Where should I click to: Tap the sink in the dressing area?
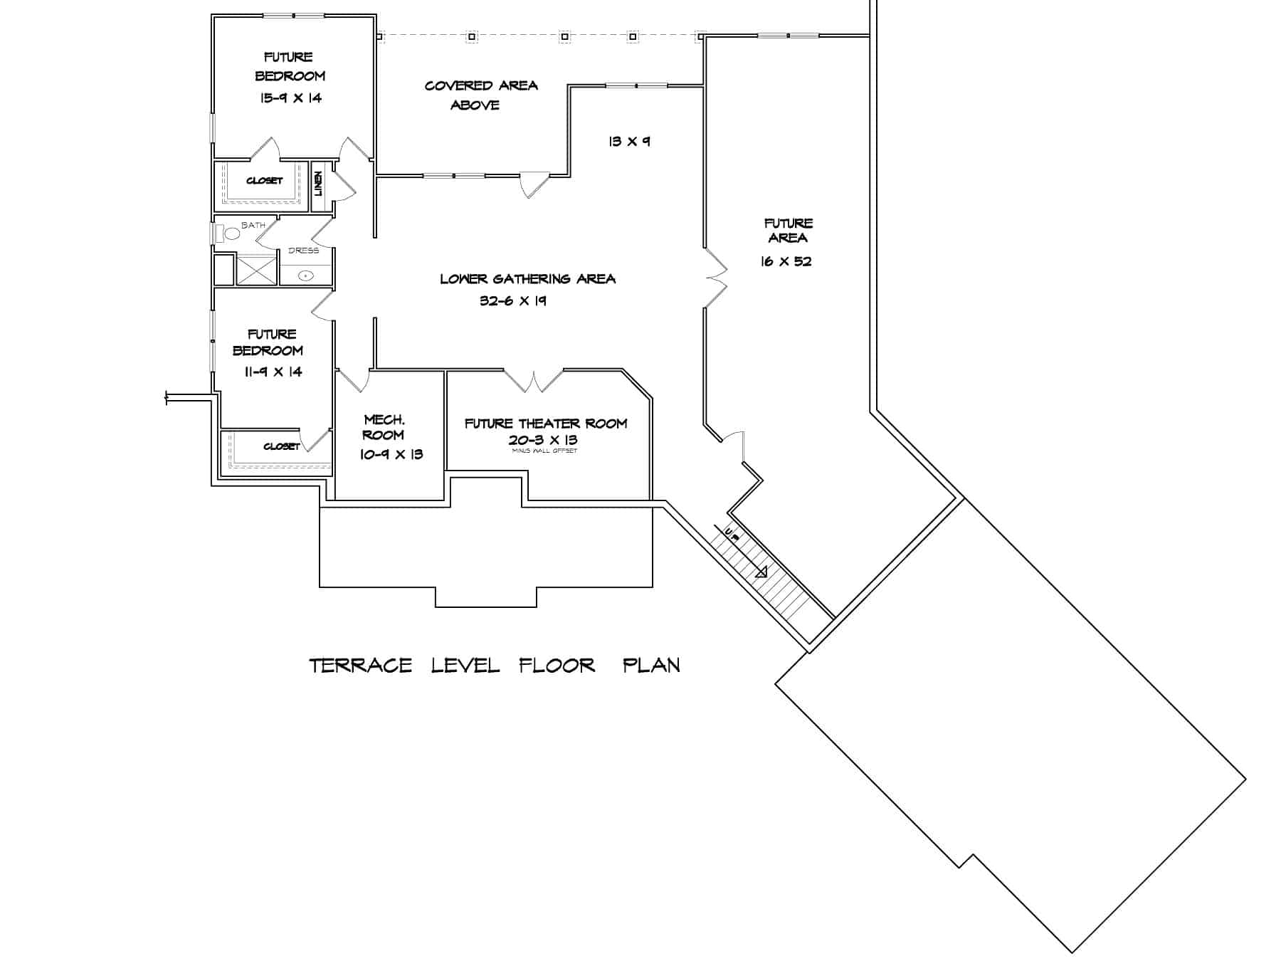pos(306,275)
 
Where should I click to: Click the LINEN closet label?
pos(319,184)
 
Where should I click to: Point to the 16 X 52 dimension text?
pos(786,261)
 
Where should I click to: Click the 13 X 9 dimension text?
pos(629,142)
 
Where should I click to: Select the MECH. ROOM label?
pos(384,427)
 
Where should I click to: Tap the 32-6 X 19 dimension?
pos(513,301)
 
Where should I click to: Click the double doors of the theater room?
pos(534,382)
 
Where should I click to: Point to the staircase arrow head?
pos(762,572)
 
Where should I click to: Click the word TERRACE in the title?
pos(361,666)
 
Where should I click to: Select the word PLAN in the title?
pos(651,666)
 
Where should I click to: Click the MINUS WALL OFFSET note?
pos(544,451)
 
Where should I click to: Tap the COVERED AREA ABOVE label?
pos(480,95)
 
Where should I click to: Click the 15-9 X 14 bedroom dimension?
pos(290,98)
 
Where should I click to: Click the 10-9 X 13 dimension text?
pos(391,454)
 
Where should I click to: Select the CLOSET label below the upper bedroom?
pos(265,181)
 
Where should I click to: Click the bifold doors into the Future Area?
pos(715,278)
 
